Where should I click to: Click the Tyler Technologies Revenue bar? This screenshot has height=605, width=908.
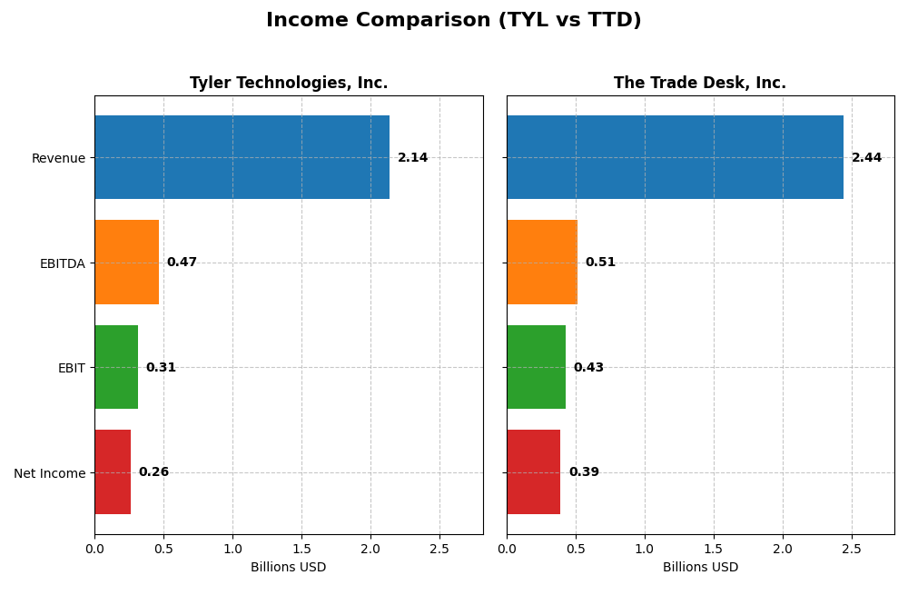[242, 157]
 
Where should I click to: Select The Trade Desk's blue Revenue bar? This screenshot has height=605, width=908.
[675, 157]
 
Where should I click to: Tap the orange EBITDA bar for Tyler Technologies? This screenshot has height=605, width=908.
[126, 262]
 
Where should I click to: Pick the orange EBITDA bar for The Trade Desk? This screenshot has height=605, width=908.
[541, 262]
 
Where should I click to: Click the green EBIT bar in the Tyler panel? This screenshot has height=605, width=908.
[116, 367]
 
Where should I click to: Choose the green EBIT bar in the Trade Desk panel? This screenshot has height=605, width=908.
[536, 367]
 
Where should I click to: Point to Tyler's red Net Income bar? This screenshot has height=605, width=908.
[113, 472]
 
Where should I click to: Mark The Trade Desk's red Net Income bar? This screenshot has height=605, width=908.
[533, 472]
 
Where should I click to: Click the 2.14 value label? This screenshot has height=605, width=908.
[412, 158]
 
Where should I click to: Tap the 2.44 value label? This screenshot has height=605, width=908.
[866, 158]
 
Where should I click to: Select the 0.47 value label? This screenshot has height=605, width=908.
[182, 263]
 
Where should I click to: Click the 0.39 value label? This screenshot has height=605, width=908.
[584, 472]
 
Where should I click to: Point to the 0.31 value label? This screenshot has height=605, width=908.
[161, 368]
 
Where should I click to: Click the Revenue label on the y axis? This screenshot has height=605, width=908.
[58, 158]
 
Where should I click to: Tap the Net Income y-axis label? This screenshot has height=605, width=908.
[49, 473]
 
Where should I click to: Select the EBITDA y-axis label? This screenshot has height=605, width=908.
[62, 263]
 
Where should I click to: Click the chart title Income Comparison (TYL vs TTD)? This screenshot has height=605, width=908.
[453, 20]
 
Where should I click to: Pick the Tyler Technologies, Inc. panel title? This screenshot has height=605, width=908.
[289, 84]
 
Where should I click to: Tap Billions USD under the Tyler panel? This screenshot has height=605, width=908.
[288, 568]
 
